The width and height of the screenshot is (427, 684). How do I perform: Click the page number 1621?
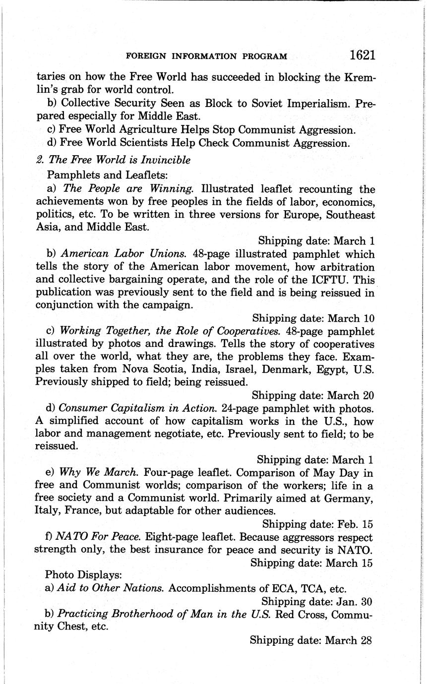[362, 55]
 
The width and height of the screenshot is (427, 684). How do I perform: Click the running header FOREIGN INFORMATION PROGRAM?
[207, 57]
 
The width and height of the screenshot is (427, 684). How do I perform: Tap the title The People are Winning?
[128, 189]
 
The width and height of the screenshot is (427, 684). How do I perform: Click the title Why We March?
[99, 472]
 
